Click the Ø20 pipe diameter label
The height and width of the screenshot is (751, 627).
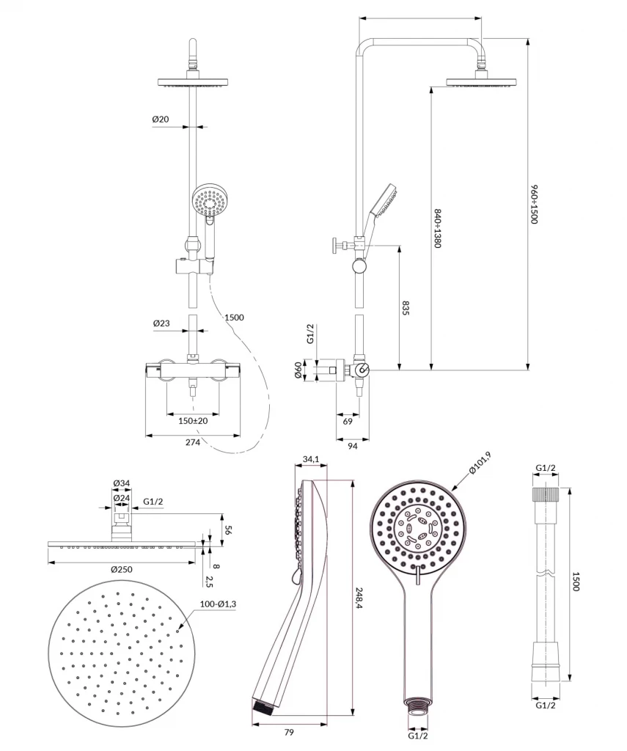coord(161,119)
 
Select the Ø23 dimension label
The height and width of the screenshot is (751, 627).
coord(161,323)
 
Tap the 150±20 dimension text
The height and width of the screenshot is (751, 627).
coord(193,421)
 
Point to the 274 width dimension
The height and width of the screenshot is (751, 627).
coord(193,443)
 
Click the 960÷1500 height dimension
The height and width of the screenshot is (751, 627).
coord(535,205)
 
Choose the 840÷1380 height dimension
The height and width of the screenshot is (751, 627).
coord(437,228)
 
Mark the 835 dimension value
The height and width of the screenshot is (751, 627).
coord(406,307)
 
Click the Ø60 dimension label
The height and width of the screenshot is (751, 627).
coord(299,371)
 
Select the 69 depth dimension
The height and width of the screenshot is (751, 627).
coord(347,421)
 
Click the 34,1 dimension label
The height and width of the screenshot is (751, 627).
coord(310,460)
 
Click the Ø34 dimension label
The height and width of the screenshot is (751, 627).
coord(122,483)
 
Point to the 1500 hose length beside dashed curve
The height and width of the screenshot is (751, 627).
coord(235,318)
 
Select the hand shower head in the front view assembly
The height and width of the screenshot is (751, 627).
coord(207,200)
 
